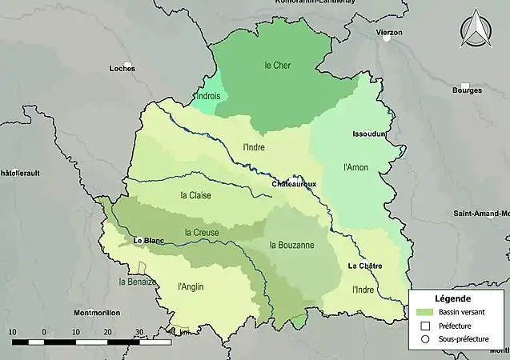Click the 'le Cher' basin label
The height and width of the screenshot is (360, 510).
point(277,65)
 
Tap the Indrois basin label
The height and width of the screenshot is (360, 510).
point(207,96)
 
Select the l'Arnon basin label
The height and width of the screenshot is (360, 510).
point(355,167)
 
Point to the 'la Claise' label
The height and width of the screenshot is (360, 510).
point(196,194)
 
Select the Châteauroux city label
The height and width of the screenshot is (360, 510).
point(294,184)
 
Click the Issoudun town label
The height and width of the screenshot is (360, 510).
point(369,134)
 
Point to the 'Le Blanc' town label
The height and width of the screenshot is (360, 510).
point(149,240)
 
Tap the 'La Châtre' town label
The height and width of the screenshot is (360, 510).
point(365,265)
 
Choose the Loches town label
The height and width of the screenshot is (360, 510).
point(122,68)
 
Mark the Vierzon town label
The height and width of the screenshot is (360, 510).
point(389,33)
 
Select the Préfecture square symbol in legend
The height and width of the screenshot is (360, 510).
point(425,326)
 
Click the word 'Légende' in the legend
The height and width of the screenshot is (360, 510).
point(452,298)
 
